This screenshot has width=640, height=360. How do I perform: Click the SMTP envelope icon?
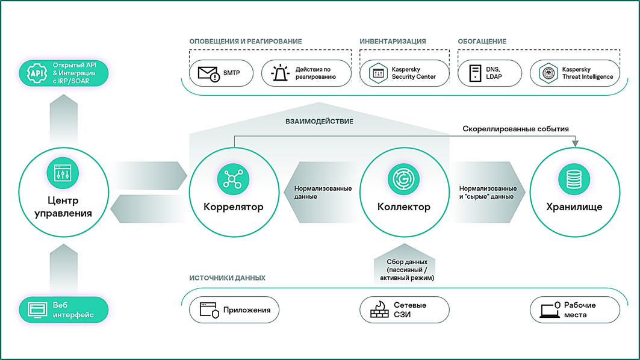click(x=208, y=73)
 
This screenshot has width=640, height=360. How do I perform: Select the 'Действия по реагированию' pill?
click(x=306, y=73)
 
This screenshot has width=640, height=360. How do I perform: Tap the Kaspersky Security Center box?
click(x=404, y=73)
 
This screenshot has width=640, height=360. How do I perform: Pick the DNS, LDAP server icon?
click(x=475, y=73)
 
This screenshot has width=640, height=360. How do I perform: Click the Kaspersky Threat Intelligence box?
click(x=575, y=73)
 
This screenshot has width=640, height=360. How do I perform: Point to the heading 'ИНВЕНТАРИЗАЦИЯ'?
click(x=393, y=41)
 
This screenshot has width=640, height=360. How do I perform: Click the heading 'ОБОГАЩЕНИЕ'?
click(x=482, y=41)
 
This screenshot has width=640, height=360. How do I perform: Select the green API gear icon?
click(x=37, y=73)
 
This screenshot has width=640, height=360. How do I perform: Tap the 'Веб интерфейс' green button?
click(x=64, y=310)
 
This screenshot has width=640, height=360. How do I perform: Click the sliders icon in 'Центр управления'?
click(x=63, y=173)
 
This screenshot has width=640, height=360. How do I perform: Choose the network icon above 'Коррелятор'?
click(x=233, y=179)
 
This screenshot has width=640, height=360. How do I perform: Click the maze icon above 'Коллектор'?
click(x=403, y=179)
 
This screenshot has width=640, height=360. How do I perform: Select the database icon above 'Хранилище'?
click(x=574, y=179)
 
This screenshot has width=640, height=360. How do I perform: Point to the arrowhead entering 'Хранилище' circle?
click(x=575, y=144)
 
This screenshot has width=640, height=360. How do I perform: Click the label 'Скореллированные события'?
click(x=515, y=129)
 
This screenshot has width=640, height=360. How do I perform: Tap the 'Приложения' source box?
click(x=234, y=310)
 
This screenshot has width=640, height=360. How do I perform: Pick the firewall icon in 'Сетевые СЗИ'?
click(x=379, y=310)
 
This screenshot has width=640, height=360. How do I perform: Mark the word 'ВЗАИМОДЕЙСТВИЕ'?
click(x=319, y=121)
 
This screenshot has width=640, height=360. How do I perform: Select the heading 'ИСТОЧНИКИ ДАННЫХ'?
click(x=228, y=278)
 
